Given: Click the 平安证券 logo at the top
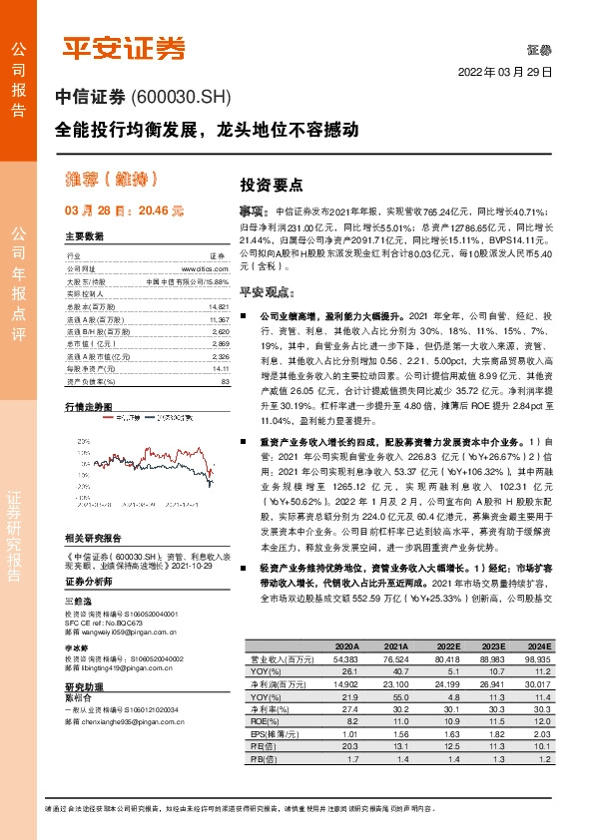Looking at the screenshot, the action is (126, 47).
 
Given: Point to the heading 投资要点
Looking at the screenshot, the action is (265, 186).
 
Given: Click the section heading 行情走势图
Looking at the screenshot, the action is (88, 407).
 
